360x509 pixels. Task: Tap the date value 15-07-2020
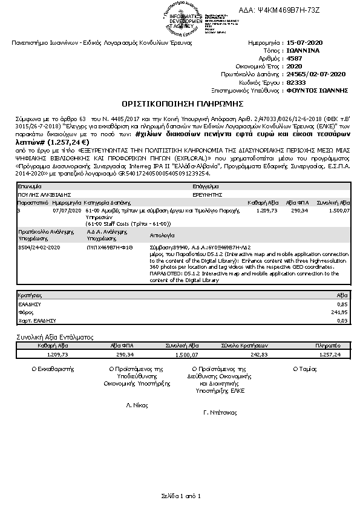pos(306,44)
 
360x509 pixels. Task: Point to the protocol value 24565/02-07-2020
pos(316,74)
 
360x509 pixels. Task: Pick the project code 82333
pos(296,82)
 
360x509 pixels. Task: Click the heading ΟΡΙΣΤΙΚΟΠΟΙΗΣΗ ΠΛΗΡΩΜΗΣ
pos(180,103)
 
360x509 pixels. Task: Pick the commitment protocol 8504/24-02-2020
pos(38,248)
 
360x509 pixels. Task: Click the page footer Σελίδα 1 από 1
pos(180,495)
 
